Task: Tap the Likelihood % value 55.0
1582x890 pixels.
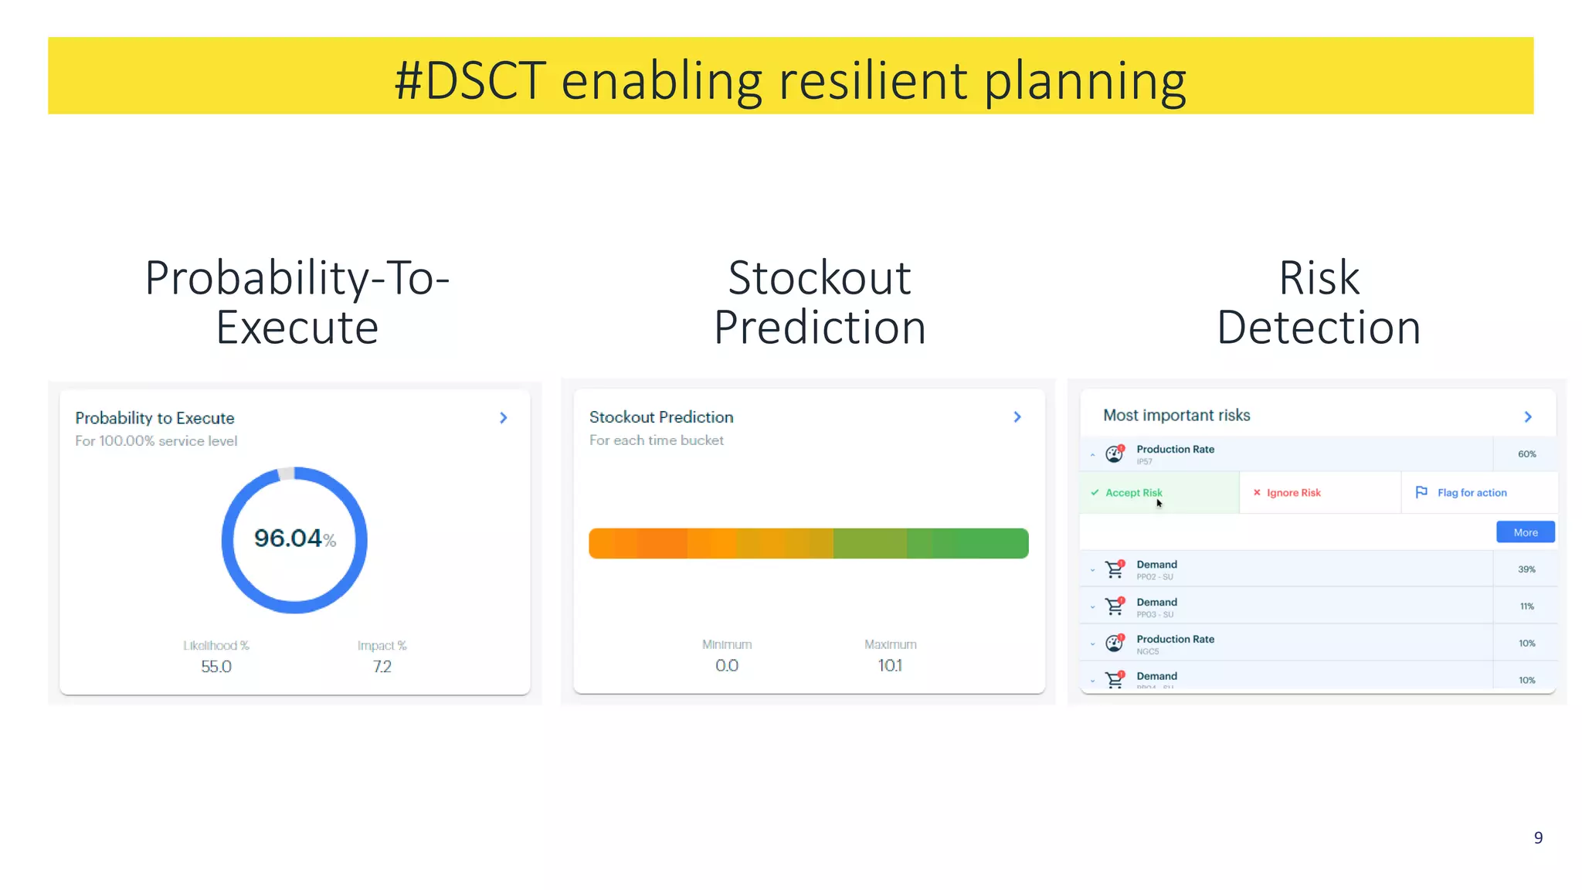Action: pos(216,666)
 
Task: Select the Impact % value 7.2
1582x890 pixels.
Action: pos(382,666)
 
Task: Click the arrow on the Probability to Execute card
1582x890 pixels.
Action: pos(504,418)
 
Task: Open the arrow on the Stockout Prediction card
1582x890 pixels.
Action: pos(1017,417)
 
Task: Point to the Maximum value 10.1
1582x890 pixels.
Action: pos(890,665)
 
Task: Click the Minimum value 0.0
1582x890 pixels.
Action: pos(726,665)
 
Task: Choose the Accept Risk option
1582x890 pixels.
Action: pos(1133,493)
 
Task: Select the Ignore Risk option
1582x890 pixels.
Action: pos(1293,493)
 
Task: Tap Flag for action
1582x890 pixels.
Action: pos(1472,493)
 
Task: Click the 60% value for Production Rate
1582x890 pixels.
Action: pos(1526,454)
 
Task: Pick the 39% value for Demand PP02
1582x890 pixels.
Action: pos(1526,569)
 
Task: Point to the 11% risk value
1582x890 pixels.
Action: pos(1526,606)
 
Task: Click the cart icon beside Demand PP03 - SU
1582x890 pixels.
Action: pos(1115,606)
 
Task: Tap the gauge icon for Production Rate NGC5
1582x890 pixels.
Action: pos(1115,643)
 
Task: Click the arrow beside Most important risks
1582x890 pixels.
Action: pos(1528,417)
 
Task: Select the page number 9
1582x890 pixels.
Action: pos(1538,838)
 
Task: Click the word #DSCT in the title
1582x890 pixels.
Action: pos(470,80)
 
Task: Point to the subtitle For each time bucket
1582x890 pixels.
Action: pos(656,440)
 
